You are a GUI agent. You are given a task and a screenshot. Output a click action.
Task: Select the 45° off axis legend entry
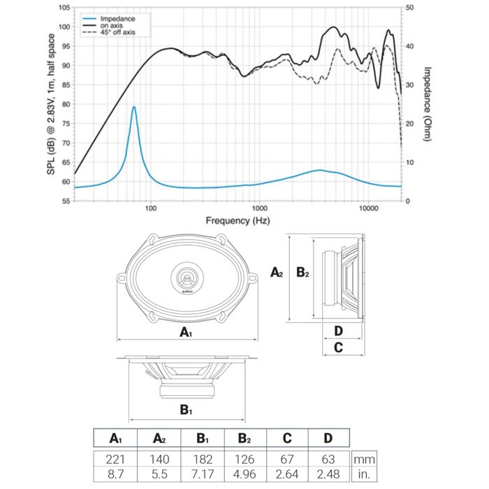click(117, 33)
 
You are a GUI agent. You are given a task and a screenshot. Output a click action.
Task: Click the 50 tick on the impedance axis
click(410, 8)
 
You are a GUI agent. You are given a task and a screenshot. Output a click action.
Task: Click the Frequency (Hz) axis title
click(238, 221)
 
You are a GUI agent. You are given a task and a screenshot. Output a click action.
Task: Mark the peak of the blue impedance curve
click(133, 107)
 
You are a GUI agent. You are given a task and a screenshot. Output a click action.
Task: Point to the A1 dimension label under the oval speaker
click(186, 333)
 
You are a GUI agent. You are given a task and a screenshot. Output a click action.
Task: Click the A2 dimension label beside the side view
click(277, 272)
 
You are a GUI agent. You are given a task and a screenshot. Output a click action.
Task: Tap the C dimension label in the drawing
click(338, 346)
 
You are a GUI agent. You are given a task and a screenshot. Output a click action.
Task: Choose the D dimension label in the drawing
click(338, 330)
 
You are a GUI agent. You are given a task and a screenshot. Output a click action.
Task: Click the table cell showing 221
click(116, 460)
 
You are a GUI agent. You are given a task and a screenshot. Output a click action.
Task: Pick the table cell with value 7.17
click(203, 474)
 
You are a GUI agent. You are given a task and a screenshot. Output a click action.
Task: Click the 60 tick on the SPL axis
click(65, 182)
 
